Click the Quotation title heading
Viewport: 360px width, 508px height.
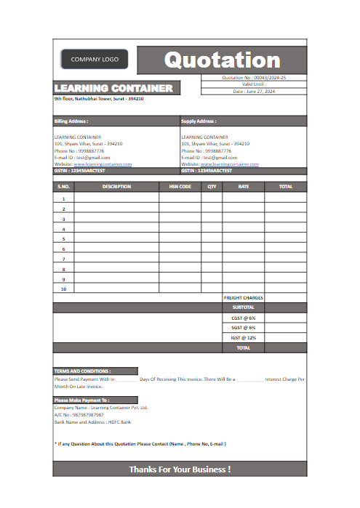point(222,60)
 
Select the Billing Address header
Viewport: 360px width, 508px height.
point(71,121)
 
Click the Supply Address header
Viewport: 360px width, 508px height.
point(199,121)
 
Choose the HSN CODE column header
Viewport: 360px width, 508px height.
point(180,187)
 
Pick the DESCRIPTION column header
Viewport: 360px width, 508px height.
point(116,187)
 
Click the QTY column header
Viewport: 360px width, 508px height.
point(212,187)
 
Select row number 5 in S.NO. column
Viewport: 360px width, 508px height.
point(63,238)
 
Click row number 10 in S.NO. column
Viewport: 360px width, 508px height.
point(63,289)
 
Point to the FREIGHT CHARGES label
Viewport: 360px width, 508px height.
point(243,297)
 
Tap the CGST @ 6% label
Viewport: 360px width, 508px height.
point(243,318)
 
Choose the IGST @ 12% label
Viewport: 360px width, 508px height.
point(243,338)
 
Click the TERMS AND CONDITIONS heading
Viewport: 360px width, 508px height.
point(82,371)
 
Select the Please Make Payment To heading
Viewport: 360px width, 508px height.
point(81,400)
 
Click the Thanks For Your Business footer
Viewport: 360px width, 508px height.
point(180,469)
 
